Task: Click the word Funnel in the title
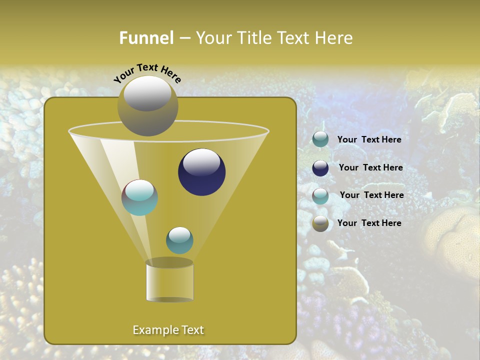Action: pos(146,38)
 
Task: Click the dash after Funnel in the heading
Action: pos(184,38)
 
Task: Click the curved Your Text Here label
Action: pos(147,72)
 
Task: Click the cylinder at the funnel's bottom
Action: pos(169,282)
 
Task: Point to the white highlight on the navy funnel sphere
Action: pos(201,162)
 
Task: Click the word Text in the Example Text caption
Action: pos(192,330)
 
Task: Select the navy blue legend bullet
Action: pos(320,168)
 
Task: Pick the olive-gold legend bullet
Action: pos(320,223)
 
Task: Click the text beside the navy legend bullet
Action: pos(370,167)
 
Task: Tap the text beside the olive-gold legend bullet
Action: pos(369,223)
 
